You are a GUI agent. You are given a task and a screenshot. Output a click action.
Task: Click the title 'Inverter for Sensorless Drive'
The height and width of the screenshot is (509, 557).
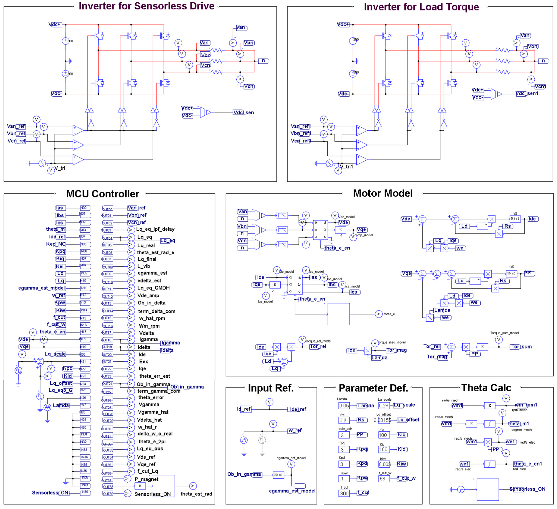(x=146, y=6)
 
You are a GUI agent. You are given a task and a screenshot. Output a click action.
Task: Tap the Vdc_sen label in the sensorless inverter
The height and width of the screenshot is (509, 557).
(x=243, y=112)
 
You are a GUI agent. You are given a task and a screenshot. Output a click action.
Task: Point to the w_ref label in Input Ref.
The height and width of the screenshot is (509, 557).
(x=295, y=431)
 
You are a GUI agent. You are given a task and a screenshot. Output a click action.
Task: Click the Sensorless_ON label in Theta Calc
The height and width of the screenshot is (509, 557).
(x=527, y=489)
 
